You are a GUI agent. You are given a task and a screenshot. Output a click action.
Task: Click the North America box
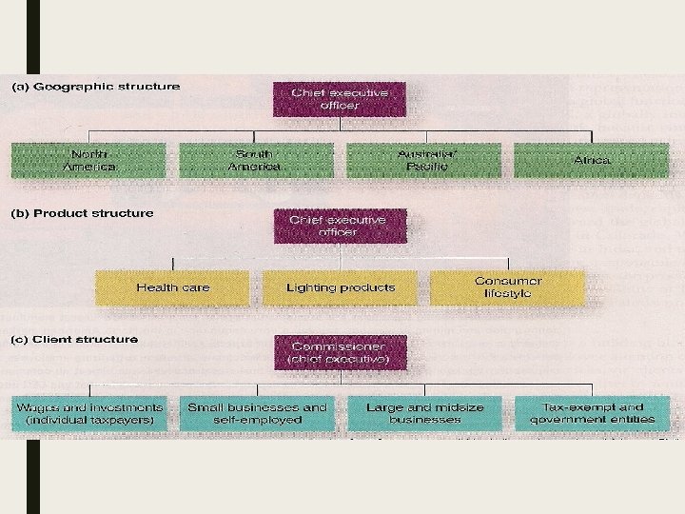tap(88, 160)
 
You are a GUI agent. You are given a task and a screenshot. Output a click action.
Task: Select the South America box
tap(256, 160)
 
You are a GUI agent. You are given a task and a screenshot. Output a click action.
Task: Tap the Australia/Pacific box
tap(423, 160)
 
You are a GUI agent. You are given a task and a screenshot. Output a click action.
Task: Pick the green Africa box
tap(591, 160)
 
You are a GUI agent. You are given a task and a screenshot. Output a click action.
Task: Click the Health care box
tap(172, 287)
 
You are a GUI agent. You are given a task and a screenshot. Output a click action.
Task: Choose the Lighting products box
tap(340, 287)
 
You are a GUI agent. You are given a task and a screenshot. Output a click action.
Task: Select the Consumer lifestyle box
tap(507, 287)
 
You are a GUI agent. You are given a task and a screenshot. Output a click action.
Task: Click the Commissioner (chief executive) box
tap(340, 353)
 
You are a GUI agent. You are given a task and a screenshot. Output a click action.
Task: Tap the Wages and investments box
tap(89, 413)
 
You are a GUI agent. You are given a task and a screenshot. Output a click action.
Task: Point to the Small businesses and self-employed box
tap(257, 413)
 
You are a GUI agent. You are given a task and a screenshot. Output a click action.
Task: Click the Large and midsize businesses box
tap(424, 413)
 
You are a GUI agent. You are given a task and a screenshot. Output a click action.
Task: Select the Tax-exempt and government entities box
tap(591, 413)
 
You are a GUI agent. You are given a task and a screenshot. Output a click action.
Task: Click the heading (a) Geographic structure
tap(95, 87)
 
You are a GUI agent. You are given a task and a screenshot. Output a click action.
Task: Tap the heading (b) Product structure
tap(82, 213)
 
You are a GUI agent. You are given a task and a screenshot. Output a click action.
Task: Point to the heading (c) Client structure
tap(74, 339)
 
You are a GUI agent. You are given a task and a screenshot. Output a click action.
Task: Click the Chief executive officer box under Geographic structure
tap(340, 99)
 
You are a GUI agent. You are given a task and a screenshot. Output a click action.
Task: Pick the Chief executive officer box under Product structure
tap(340, 226)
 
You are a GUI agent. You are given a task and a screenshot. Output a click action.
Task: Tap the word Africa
tap(592, 160)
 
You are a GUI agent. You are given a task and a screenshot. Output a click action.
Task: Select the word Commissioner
tap(340, 346)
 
